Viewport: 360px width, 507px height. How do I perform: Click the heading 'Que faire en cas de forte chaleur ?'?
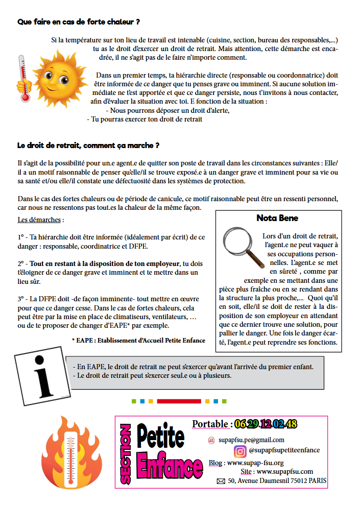79,22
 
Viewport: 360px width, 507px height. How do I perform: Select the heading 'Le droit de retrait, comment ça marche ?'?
88,146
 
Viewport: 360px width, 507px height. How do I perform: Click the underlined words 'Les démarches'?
39,221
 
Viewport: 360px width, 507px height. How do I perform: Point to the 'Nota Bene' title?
277,218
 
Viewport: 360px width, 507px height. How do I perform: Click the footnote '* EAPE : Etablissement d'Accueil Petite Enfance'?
138,341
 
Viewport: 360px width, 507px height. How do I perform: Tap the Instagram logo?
240,451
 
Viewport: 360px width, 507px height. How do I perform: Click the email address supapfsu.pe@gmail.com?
251,440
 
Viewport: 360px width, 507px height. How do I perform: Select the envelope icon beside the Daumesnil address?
221,481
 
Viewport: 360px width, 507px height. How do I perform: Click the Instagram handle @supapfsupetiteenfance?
284,450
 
